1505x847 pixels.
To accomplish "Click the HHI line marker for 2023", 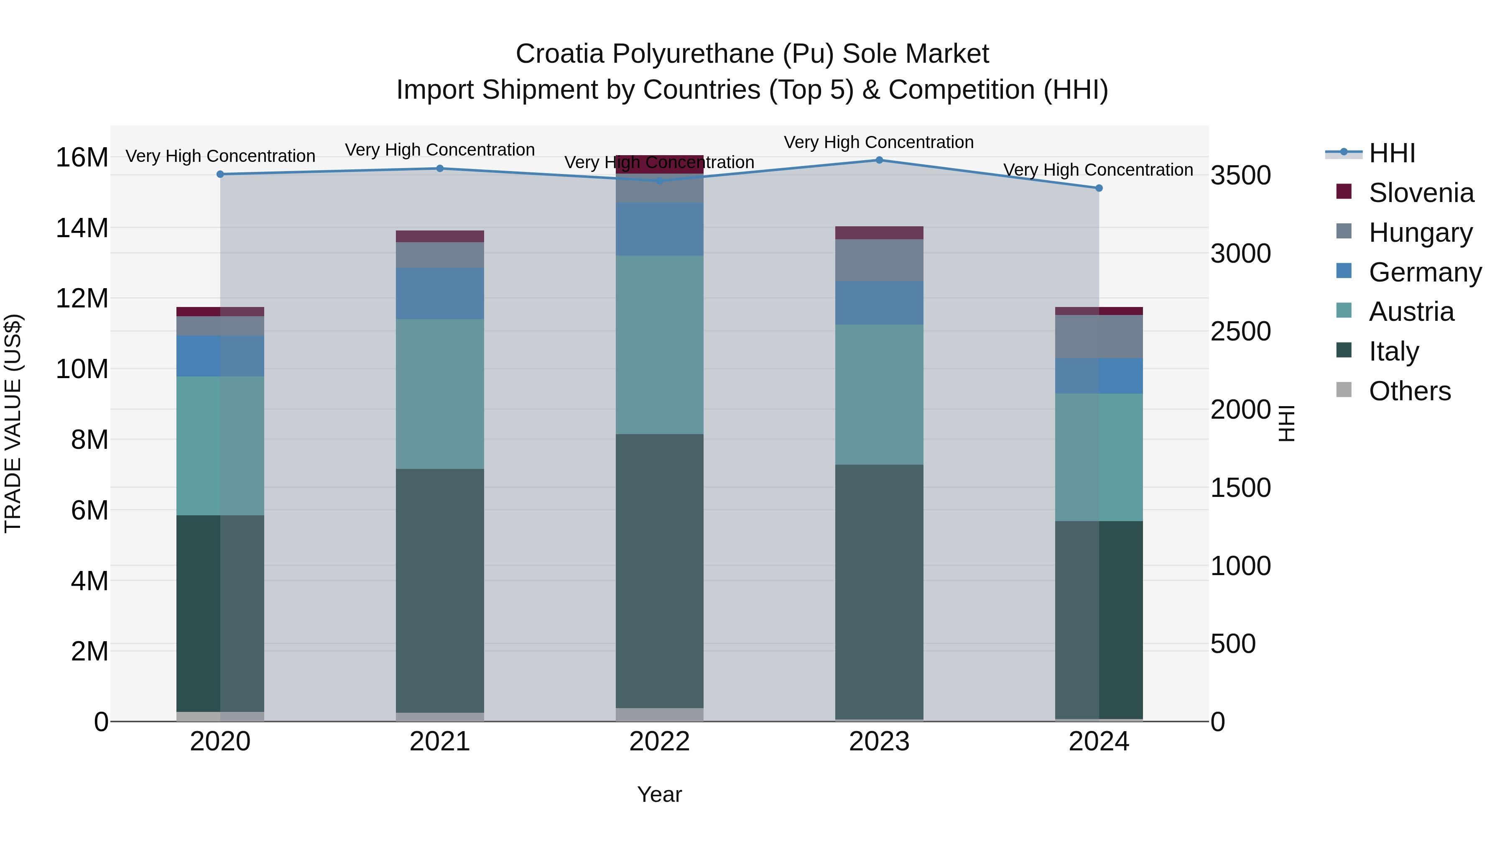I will [x=879, y=160].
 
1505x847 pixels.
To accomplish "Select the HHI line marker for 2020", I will [x=220, y=174].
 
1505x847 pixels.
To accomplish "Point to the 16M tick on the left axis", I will [x=82, y=157].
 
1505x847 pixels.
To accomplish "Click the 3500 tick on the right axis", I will [x=1240, y=175].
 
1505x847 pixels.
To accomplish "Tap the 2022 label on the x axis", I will [x=660, y=742].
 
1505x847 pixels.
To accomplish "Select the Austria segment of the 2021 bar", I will [x=440, y=394].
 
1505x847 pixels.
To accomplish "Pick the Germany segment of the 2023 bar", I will [x=879, y=303].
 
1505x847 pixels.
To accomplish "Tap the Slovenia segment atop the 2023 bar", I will [x=879, y=233].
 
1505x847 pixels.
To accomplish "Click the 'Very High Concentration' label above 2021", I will [x=440, y=150].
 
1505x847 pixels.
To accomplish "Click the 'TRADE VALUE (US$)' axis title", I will [x=13, y=423].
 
